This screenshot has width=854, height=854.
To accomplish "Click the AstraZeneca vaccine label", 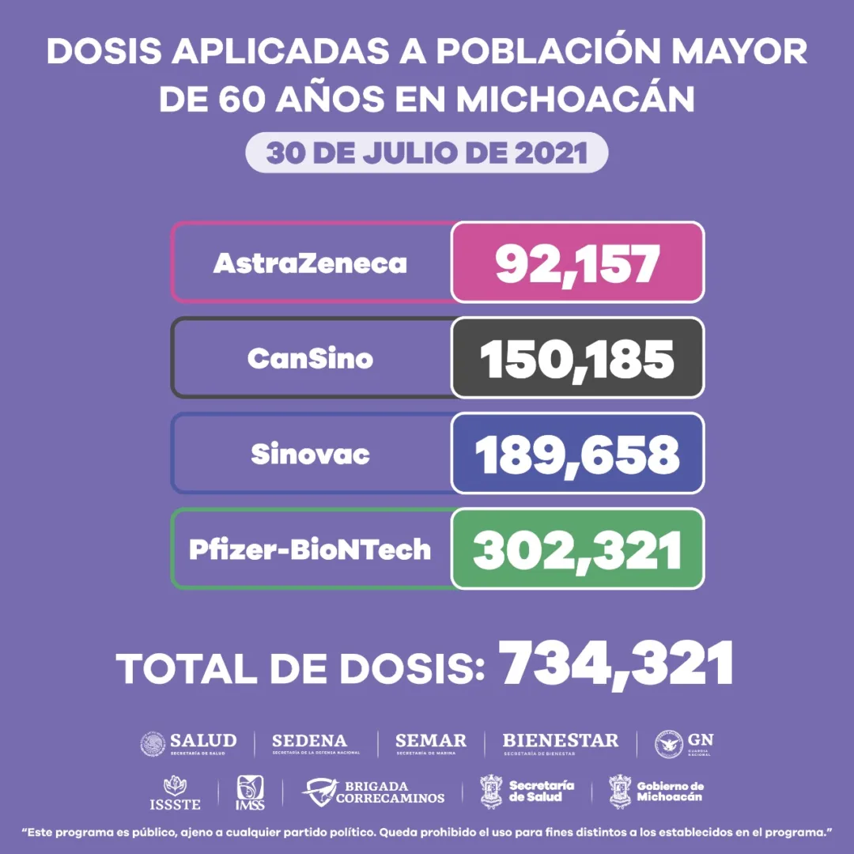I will [310, 263].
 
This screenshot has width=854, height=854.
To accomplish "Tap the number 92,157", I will [577, 263].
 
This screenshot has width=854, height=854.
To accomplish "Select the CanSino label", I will [310, 359].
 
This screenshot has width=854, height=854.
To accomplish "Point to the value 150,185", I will [577, 359].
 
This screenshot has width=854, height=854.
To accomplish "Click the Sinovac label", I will [310, 455].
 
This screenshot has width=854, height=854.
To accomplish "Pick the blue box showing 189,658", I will [577, 455].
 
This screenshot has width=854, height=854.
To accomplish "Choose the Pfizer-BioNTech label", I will [310, 550].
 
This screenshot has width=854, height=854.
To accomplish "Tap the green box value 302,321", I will [577, 550].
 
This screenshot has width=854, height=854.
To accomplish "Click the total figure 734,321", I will [617, 664].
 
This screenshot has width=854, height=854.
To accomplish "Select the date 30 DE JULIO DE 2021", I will [427, 153].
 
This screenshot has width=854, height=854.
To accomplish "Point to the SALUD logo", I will [188, 743].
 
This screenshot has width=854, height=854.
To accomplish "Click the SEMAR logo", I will [431, 743].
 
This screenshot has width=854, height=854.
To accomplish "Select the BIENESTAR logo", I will [561, 743].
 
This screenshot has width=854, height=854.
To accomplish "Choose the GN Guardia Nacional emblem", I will [684, 743].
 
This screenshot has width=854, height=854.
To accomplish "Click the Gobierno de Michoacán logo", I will [656, 792].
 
